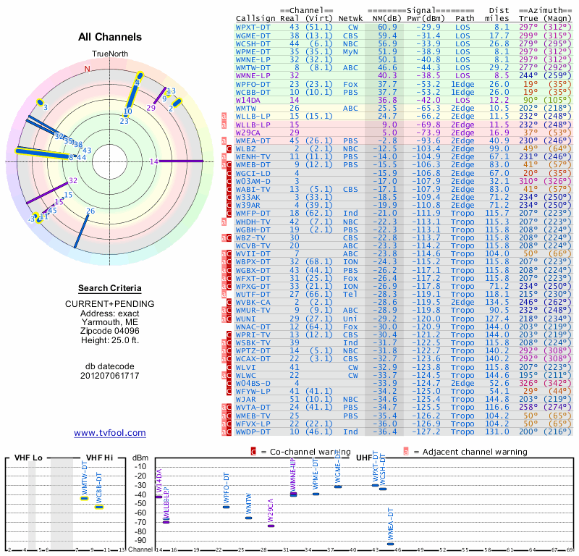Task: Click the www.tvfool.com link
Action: point(110,433)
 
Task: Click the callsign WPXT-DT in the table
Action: point(254,26)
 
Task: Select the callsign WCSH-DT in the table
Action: point(254,43)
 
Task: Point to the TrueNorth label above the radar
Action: point(109,54)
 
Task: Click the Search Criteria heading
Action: point(110,288)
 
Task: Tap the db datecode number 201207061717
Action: point(110,375)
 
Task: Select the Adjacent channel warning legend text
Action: point(470,451)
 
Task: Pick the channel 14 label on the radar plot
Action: point(153,161)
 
